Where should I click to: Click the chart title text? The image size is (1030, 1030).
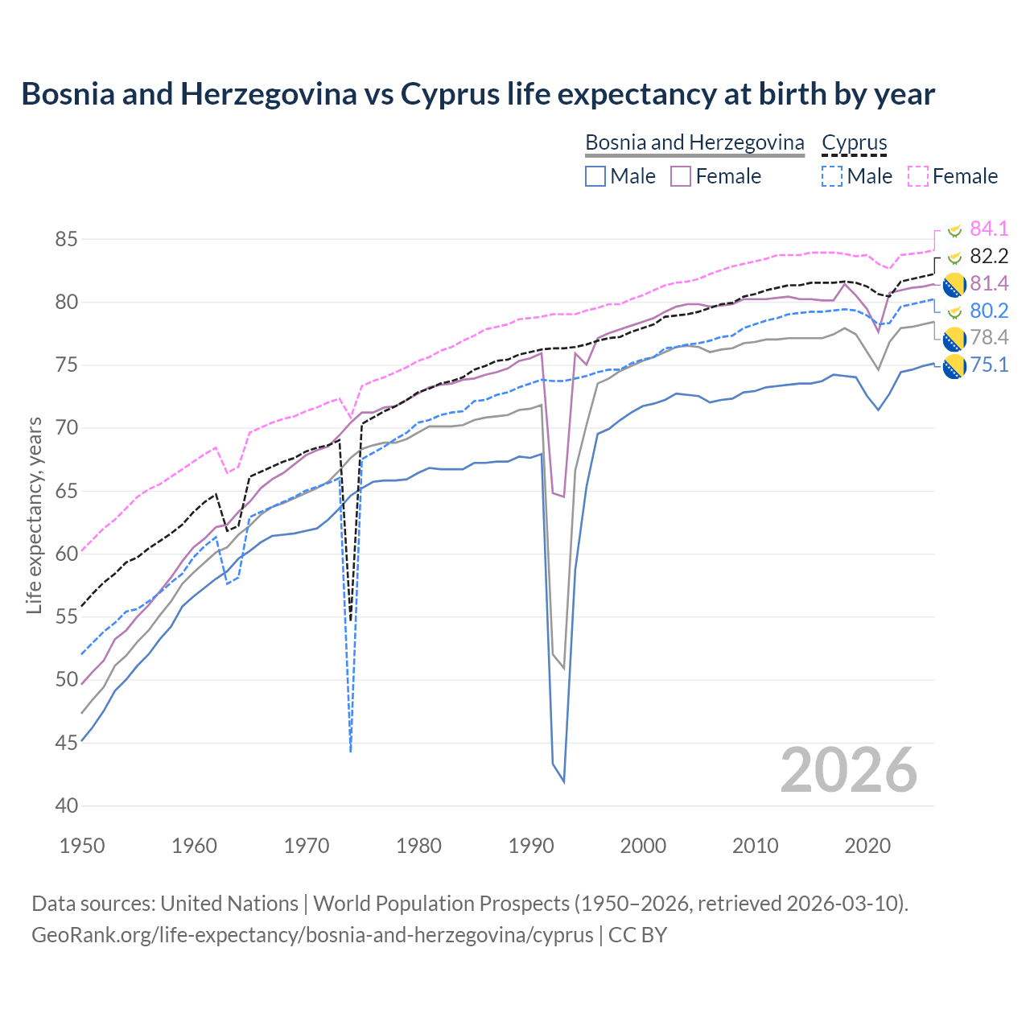pos(478,94)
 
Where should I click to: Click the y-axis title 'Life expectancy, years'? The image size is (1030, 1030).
pos(34,515)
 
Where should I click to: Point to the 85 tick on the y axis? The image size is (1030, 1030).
pos(67,239)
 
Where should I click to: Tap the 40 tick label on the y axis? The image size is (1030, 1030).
pos(67,805)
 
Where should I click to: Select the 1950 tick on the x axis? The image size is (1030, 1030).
pos(82,846)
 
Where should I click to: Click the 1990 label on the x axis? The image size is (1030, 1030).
pos(531,846)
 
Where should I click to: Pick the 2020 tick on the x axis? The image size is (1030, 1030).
pos(867,846)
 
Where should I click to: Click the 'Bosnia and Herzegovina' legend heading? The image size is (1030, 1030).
pos(694,142)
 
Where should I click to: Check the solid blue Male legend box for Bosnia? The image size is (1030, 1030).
pos(595,176)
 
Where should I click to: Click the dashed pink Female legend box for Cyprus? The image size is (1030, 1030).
pos(918,176)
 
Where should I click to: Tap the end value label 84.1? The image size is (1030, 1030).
pos(989,229)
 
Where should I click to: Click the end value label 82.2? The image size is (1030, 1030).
pos(989,257)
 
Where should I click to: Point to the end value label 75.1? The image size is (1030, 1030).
pos(989,365)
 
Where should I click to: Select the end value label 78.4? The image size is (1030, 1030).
pos(989,337)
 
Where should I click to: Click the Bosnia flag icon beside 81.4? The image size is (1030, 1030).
pos(954,284)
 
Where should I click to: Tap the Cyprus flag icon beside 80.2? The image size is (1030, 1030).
pos(954,311)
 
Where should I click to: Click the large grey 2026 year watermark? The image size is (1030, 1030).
pos(849,770)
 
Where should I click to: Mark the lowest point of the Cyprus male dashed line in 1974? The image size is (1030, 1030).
pos(351,752)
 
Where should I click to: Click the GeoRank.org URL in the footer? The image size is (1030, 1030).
pos(312,935)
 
